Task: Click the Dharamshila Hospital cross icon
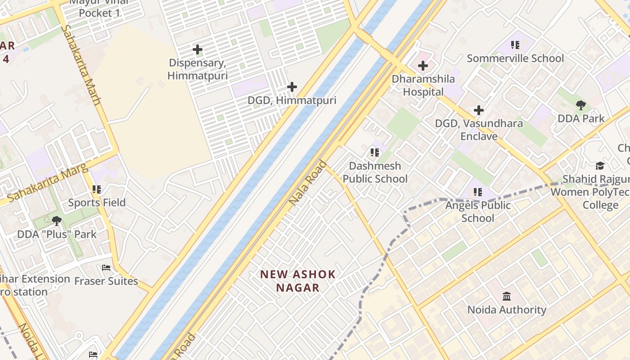click(423, 66)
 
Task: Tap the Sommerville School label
click(515, 58)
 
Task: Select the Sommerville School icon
click(515, 45)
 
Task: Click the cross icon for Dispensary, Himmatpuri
click(197, 49)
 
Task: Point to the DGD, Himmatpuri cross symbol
click(292, 87)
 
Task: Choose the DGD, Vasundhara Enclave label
click(479, 130)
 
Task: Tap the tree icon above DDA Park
click(581, 105)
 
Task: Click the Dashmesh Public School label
click(375, 172)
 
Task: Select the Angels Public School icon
click(478, 192)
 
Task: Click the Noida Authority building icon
click(507, 296)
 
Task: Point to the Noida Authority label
click(507, 310)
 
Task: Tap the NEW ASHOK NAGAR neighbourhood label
click(298, 281)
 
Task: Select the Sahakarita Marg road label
click(41, 183)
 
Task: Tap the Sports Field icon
click(97, 189)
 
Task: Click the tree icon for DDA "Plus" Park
click(57, 220)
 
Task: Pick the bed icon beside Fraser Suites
click(106, 268)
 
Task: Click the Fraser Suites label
click(106, 281)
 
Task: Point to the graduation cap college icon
click(600, 166)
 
